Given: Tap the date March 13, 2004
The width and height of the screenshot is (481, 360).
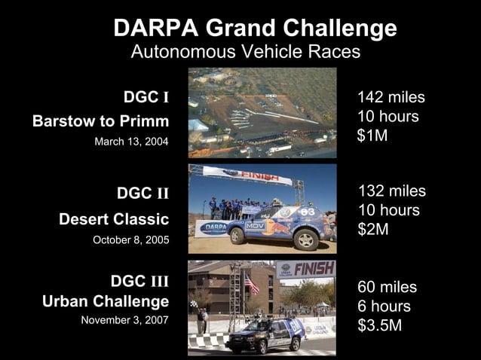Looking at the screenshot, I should (x=132, y=141).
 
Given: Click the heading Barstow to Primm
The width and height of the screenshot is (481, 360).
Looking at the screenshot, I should (x=101, y=121).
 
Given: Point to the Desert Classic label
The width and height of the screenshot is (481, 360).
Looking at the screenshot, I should (x=114, y=219).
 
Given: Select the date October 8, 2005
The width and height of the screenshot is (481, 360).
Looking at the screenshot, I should (x=130, y=239).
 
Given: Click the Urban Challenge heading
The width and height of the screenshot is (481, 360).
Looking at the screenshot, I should (x=106, y=302).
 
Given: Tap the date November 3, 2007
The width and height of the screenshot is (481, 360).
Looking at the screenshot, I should (x=125, y=319).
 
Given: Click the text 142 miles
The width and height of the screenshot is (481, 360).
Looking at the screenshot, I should (x=391, y=98).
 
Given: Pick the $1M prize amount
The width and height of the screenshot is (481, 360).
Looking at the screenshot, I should (x=372, y=136).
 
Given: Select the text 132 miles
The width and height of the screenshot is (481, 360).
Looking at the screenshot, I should (x=391, y=191).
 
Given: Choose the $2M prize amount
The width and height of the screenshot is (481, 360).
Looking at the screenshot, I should (x=373, y=230).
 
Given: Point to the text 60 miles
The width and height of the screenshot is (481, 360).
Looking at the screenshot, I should (x=387, y=287).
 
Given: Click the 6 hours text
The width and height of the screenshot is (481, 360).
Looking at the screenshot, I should (x=384, y=307).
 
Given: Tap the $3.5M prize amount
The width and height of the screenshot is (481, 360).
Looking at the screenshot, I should (x=379, y=326).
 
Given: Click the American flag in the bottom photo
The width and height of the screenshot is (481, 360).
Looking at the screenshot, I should (x=251, y=284).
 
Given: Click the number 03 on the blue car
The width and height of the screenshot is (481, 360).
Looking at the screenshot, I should (x=307, y=212).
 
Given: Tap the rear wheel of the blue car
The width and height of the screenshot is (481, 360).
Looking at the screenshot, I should (x=305, y=240).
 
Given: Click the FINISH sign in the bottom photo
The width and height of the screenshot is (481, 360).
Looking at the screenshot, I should (x=307, y=269).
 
